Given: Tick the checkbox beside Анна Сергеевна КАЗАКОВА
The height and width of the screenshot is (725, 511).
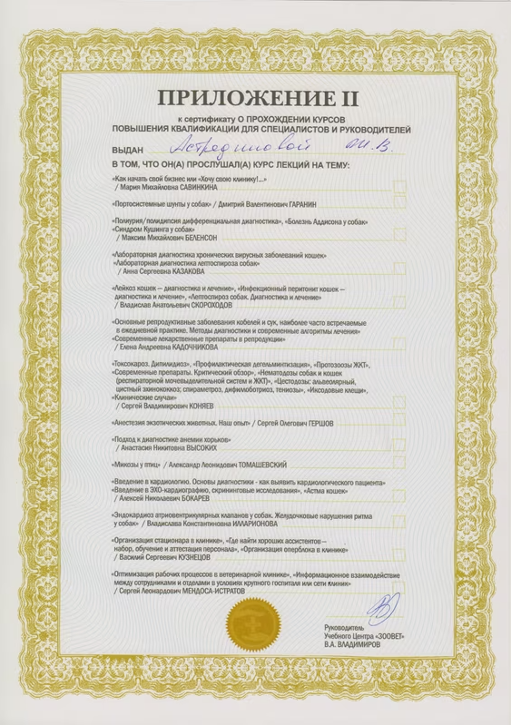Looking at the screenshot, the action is click(399, 269).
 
